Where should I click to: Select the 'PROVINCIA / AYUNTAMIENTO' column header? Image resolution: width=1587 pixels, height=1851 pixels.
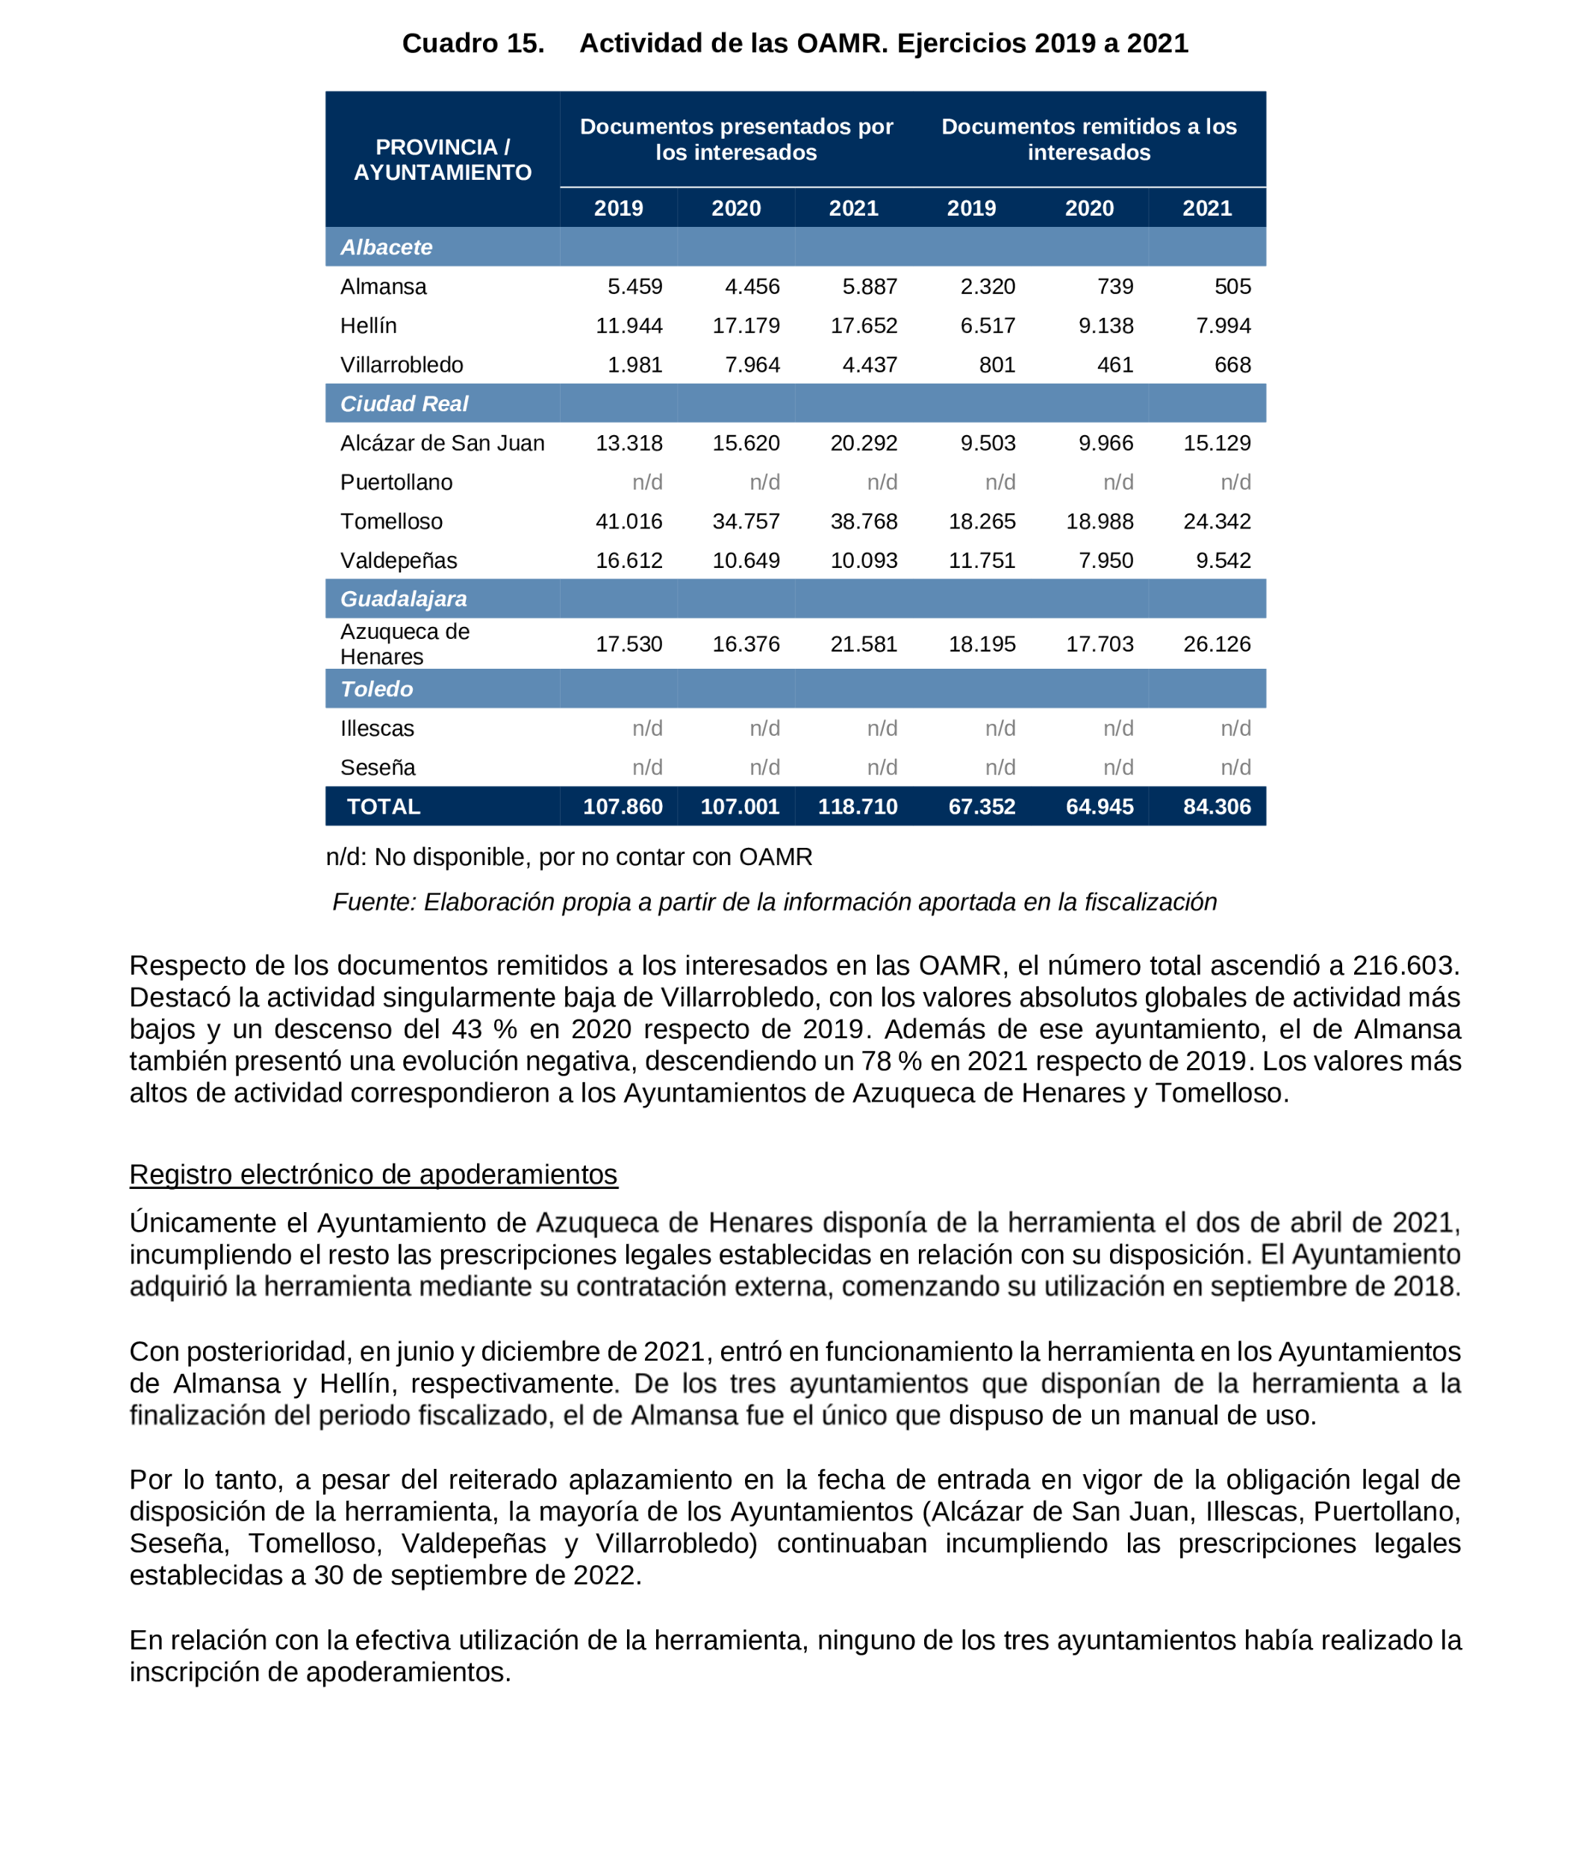[443, 159]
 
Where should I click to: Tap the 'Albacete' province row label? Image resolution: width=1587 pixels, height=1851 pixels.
[386, 248]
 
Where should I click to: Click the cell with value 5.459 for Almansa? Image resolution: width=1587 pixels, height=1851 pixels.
[635, 287]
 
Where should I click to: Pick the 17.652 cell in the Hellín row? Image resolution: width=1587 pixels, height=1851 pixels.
[863, 326]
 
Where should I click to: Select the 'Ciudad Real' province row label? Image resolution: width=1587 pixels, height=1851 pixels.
[404, 404]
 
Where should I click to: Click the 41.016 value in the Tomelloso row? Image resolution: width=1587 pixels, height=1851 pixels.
[629, 521]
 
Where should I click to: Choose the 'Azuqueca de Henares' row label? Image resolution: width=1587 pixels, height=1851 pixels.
[404, 644]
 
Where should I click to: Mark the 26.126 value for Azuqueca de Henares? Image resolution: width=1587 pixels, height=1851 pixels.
[1216, 644]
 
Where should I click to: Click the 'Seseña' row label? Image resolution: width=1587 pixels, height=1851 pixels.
[377, 767]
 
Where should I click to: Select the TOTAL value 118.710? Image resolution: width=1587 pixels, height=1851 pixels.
[857, 807]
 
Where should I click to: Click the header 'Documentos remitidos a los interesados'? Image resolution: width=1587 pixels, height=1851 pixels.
[1088, 140]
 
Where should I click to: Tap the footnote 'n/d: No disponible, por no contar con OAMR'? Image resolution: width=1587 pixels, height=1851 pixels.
[568, 857]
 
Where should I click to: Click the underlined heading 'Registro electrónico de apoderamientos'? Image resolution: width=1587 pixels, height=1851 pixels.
[372, 1174]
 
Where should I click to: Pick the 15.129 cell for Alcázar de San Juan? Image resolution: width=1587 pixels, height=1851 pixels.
[1216, 443]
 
